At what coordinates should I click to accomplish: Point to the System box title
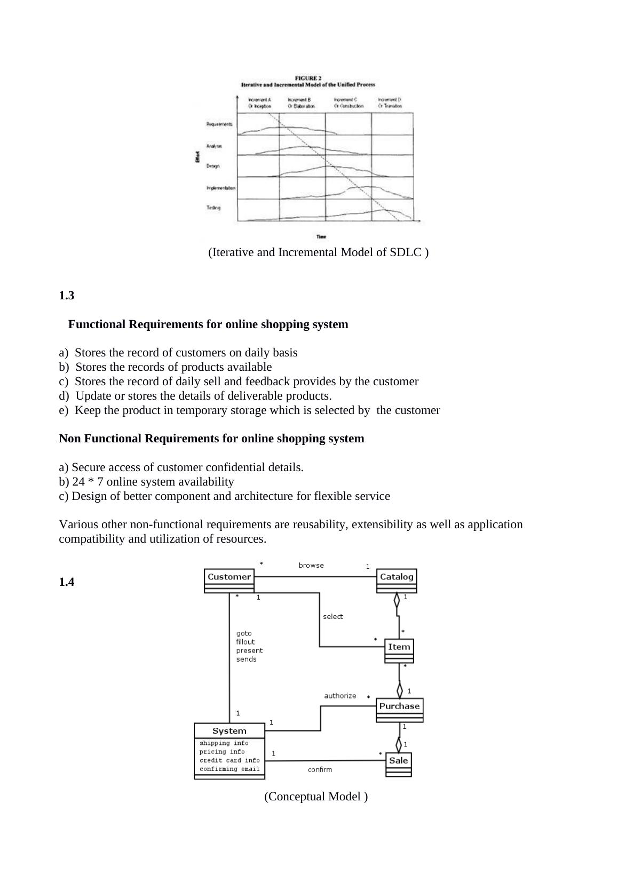(x=229, y=731)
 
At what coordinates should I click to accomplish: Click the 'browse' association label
(x=311, y=566)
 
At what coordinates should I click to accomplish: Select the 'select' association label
(x=333, y=617)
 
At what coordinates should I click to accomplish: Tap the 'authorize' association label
(x=340, y=696)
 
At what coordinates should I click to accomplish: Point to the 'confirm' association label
(x=320, y=769)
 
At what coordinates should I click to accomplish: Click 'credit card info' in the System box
(x=229, y=760)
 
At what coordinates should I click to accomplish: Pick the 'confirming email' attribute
(x=229, y=769)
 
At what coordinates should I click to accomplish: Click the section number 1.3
(x=67, y=296)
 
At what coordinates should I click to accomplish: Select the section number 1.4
(x=67, y=582)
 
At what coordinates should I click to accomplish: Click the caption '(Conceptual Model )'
(x=316, y=797)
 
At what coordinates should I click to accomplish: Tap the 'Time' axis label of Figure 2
(x=321, y=236)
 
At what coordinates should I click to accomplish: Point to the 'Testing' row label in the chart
(x=213, y=208)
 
